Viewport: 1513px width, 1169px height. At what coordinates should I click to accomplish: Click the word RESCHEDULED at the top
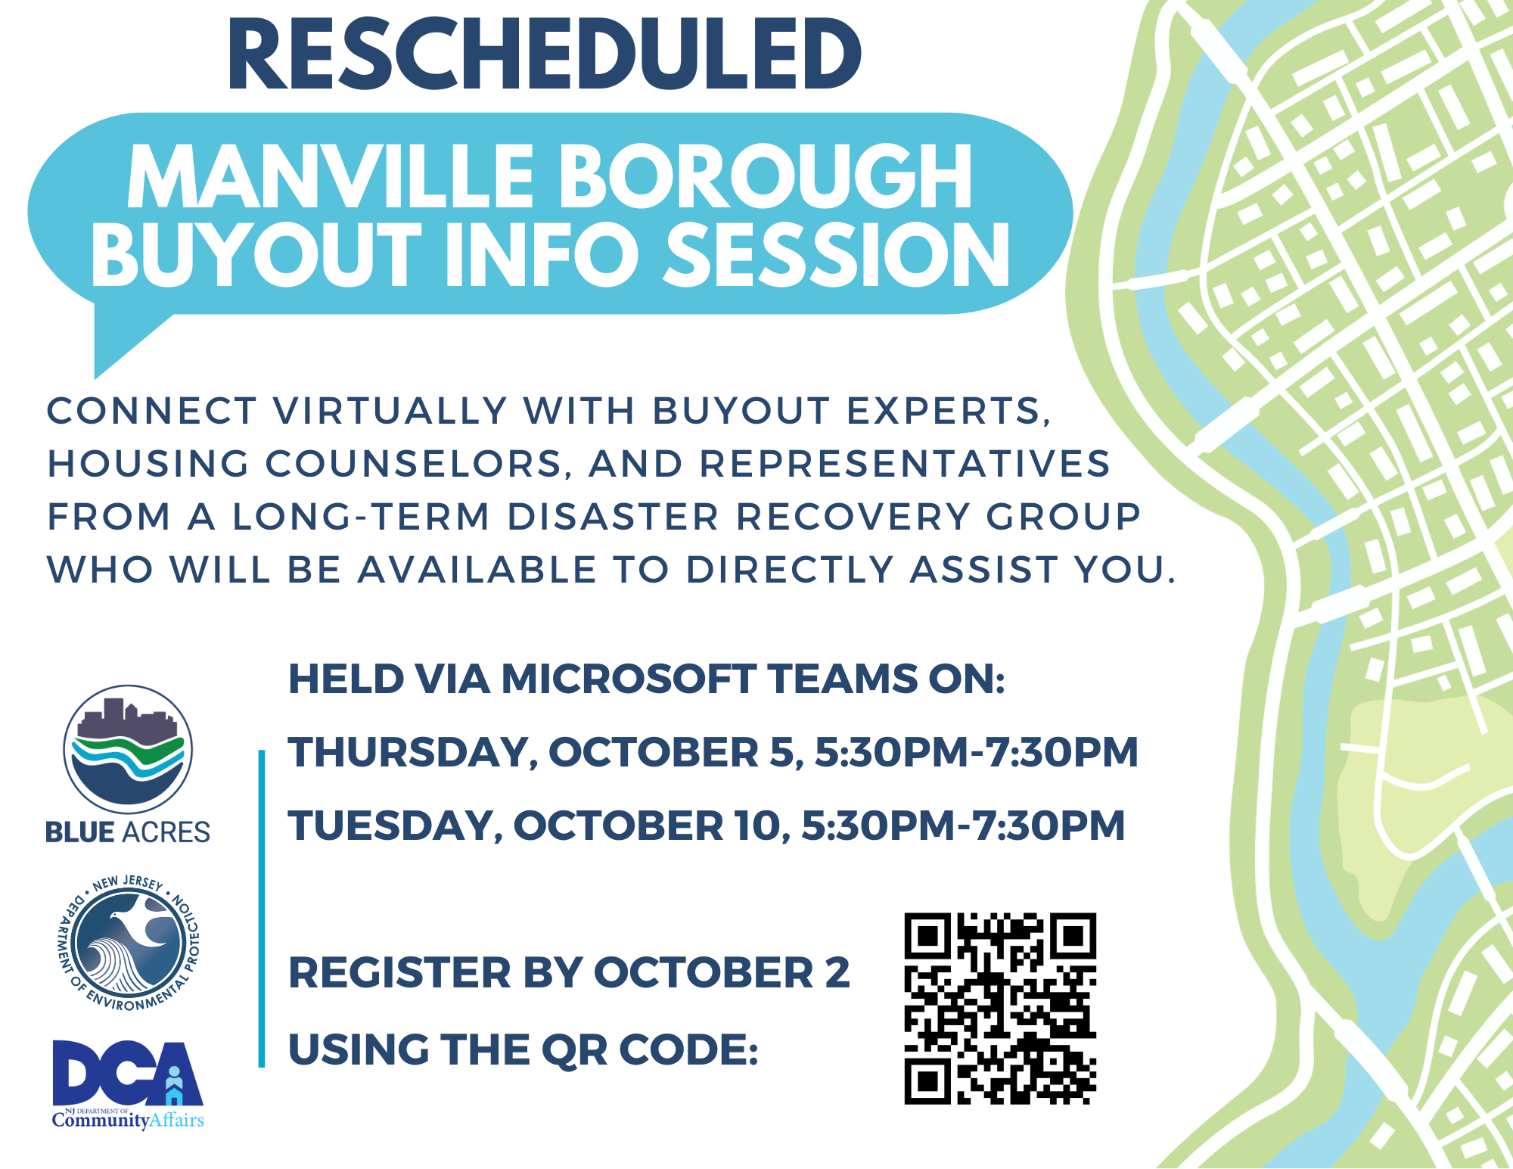coord(544,55)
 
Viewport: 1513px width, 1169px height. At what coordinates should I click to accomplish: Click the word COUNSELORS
coord(415,465)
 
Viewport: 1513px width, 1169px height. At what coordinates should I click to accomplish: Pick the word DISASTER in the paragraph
coord(613,518)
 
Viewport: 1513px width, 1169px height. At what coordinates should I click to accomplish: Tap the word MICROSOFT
coord(629,679)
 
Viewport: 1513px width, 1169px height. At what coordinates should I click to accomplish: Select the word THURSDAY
coord(412,752)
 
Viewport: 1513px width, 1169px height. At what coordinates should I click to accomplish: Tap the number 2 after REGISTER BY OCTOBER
coord(837,973)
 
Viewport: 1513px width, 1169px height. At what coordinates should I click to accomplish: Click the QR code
coord(1000,1009)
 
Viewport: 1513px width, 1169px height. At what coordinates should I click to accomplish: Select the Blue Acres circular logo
coord(128,749)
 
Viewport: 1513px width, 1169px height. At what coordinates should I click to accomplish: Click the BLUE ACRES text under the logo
coord(128,832)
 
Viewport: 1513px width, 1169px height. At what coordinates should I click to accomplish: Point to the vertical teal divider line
coord(262,908)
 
